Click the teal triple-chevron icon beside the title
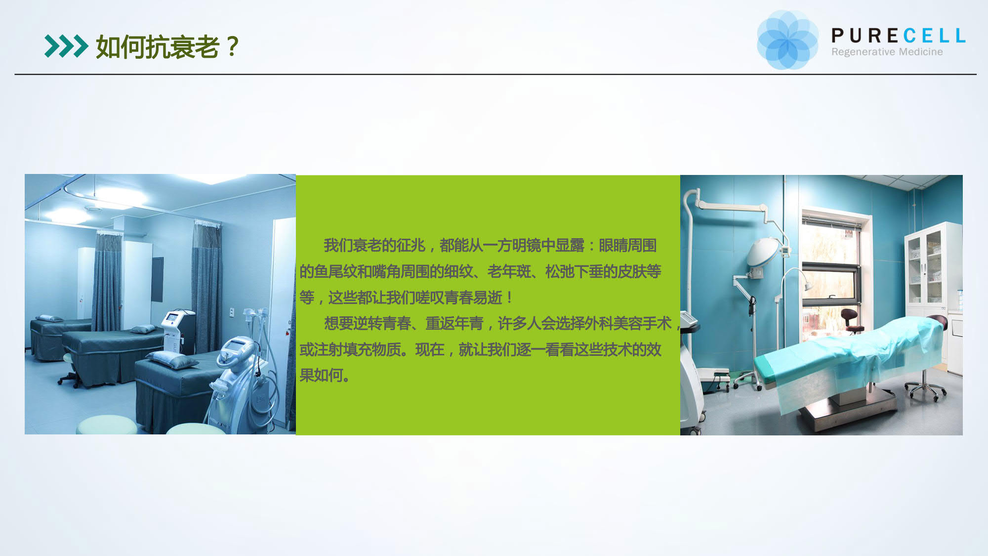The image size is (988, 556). [x=66, y=46]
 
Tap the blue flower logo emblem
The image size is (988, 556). [x=787, y=40]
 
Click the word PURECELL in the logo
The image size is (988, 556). [x=899, y=36]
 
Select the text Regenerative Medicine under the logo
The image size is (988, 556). [x=887, y=52]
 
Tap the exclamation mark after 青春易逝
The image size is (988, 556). [x=509, y=298]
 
